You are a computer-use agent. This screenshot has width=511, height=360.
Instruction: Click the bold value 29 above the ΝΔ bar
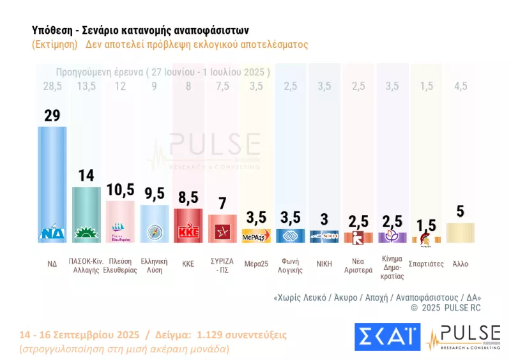click(52, 116)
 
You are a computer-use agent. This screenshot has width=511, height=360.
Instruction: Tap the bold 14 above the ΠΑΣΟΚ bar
click(86, 176)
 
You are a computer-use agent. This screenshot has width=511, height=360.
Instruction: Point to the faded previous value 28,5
click(52, 86)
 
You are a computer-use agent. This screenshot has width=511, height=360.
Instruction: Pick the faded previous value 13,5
click(86, 86)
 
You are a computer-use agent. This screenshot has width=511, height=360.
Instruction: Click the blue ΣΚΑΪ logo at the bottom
click(386, 337)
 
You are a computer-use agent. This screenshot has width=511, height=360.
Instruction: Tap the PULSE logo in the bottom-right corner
click(464, 337)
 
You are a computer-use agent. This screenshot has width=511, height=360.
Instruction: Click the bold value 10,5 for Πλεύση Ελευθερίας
click(120, 191)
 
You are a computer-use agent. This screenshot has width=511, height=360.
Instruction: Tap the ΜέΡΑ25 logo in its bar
click(257, 236)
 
